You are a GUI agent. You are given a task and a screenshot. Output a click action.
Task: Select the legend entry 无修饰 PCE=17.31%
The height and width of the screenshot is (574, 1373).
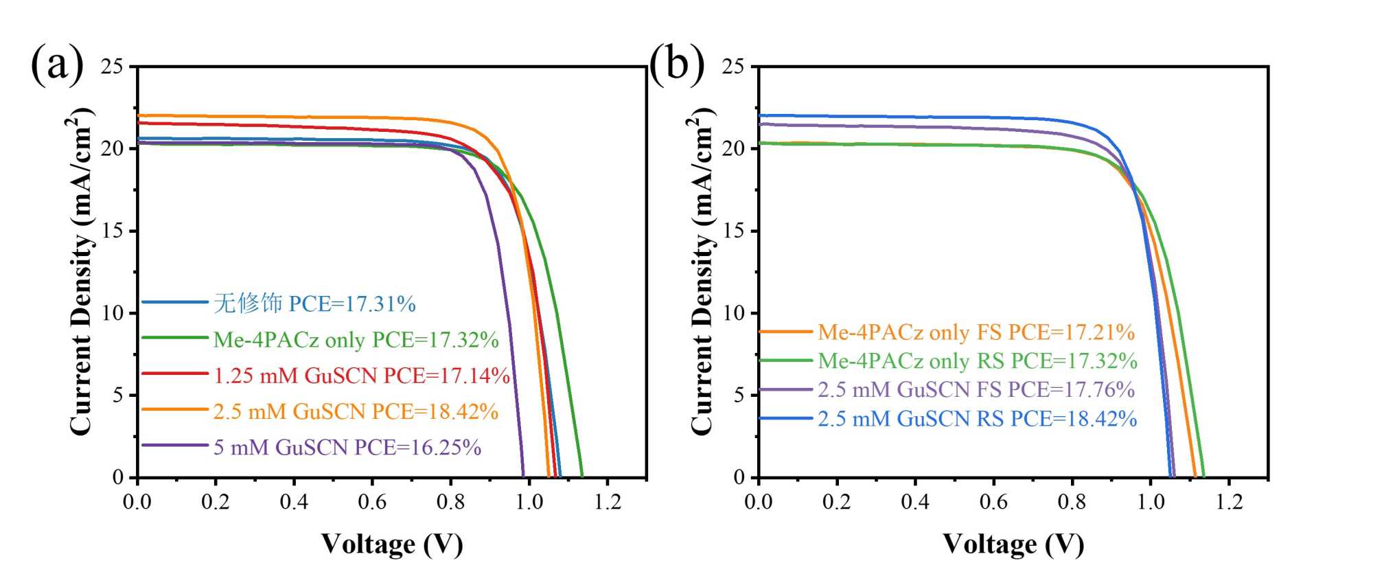click(x=314, y=303)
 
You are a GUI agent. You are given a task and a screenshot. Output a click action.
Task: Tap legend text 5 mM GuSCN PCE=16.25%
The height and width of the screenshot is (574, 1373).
click(x=347, y=448)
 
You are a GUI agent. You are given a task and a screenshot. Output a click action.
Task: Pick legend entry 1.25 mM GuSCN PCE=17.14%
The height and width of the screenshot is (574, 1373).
click(x=361, y=376)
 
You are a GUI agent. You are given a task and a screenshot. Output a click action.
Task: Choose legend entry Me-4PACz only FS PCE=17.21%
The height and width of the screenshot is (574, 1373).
click(x=976, y=332)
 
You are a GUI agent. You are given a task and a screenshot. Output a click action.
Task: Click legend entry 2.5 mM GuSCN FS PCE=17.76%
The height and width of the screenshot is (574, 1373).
click(x=976, y=390)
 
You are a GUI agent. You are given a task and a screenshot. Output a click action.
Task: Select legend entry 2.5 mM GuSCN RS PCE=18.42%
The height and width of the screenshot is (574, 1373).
click(x=977, y=419)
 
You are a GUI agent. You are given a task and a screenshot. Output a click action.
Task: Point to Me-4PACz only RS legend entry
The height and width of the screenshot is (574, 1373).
click(x=977, y=361)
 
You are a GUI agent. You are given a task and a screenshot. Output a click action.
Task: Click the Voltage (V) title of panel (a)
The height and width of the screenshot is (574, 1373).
click(x=392, y=544)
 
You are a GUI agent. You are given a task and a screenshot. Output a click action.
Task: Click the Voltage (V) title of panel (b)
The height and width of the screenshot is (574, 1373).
click(x=1013, y=544)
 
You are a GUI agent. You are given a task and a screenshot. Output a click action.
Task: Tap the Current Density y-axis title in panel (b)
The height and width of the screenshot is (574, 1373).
click(x=702, y=271)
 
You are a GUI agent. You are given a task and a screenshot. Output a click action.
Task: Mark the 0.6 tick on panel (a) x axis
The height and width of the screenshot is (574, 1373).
click(x=372, y=502)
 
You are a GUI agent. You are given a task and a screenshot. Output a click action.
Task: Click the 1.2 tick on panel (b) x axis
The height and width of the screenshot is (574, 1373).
click(x=1229, y=502)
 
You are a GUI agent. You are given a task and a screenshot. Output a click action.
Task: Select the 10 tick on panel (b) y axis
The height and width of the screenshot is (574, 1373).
click(x=733, y=313)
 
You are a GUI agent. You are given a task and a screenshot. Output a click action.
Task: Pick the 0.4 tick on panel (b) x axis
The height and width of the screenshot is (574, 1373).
click(x=915, y=502)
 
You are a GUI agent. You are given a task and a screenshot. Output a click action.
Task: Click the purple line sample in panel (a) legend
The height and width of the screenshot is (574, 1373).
click(x=175, y=446)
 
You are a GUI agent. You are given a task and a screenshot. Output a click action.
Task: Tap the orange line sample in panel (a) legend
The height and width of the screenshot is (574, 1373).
click(x=175, y=410)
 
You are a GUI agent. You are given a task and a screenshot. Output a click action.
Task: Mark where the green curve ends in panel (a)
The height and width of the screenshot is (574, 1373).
click(x=582, y=475)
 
